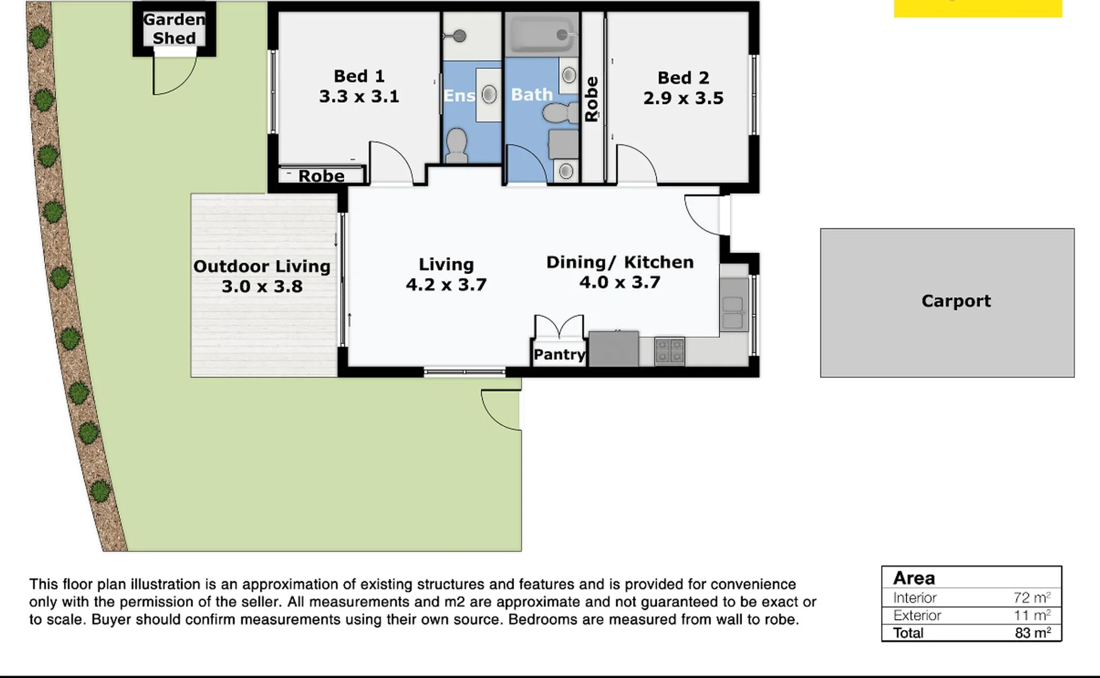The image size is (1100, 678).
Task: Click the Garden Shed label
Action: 174,29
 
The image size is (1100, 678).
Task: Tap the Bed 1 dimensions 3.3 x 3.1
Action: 359,97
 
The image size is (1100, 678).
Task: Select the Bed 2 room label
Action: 683,78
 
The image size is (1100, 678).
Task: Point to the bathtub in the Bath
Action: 542,35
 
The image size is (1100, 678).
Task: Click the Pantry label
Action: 559,355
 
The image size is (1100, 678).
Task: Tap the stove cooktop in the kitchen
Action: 669,352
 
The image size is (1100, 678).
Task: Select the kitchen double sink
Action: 732,313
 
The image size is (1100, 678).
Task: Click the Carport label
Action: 956,301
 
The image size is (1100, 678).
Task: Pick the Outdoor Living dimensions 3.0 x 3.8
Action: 262,287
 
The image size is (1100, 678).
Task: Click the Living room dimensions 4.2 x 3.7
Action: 446,285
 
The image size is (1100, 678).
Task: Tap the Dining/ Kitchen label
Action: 619,262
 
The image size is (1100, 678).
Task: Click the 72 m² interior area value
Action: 1032,598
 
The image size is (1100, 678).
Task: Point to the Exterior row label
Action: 917,615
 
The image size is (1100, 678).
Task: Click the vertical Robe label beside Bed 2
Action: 591,99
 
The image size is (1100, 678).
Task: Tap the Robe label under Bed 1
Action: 321,176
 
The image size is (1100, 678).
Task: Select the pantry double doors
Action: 558,326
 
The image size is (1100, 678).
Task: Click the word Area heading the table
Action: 913,578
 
